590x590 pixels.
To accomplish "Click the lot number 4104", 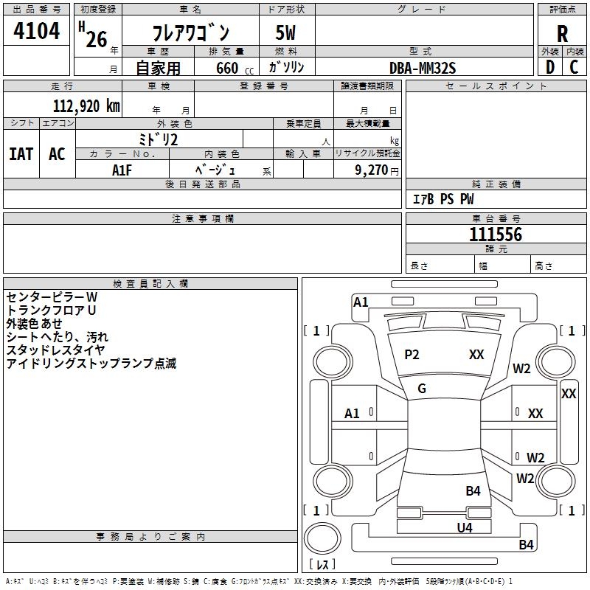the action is [36, 32].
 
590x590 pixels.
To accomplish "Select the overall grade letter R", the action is [562, 34].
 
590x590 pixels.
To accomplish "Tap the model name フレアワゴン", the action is [190, 33].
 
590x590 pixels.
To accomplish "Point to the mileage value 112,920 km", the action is [86, 105].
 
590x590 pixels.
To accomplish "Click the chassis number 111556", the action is [496, 235].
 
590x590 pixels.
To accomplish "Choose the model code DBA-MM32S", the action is [423, 68].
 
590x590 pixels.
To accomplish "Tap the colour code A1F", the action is [123, 170].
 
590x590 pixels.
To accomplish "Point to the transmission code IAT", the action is [21, 154].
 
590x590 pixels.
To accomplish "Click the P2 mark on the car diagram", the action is [412, 355].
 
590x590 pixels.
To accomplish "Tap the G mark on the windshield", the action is [422, 389].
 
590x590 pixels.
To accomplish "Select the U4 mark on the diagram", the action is [464, 527].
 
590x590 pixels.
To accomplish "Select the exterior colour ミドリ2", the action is [159, 139].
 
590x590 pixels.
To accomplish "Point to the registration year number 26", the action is [96, 38].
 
